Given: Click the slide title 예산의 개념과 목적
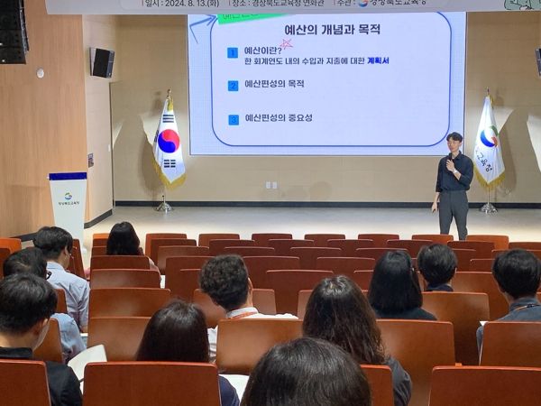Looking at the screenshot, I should [x=326, y=29].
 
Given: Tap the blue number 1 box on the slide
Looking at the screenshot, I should [x=233, y=53].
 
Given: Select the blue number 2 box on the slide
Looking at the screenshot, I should [x=233, y=86].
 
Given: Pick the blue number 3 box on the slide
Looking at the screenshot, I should [x=233, y=119].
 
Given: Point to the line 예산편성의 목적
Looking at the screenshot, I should [x=274, y=85].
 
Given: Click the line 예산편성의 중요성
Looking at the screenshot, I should [x=279, y=118].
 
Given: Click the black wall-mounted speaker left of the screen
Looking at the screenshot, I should [x=103, y=62].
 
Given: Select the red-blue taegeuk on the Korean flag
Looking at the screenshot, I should [x=168, y=141].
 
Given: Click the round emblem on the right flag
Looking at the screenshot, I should [x=489, y=137].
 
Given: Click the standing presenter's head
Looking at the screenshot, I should [x=454, y=142].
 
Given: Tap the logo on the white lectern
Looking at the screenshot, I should [x=68, y=196].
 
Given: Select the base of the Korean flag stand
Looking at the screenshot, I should [x=163, y=208].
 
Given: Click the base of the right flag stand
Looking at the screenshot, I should [x=489, y=209].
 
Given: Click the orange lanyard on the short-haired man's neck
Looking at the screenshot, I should [x=242, y=313].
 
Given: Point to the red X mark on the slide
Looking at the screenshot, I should [x=288, y=42].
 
